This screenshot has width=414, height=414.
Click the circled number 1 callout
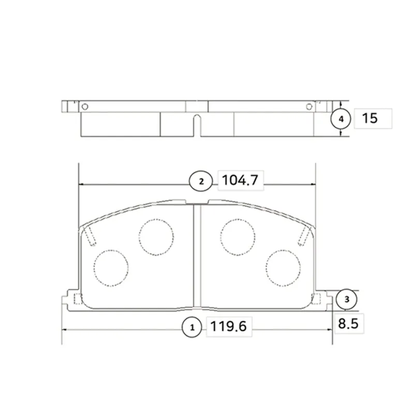pyautogui.click(x=192, y=327)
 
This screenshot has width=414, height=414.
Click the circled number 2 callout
pyautogui.click(x=201, y=181)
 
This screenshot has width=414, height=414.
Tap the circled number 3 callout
pyautogui.click(x=347, y=299)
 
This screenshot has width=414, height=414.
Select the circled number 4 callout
pyautogui.click(x=341, y=119)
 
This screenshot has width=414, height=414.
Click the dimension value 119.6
pyautogui.click(x=229, y=327)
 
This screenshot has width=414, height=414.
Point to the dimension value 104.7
pyautogui.click(x=240, y=180)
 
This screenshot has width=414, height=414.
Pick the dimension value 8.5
pyautogui.click(x=348, y=323)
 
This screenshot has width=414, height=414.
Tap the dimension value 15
pyautogui.click(x=369, y=118)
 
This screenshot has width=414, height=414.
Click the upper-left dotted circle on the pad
pyautogui.click(x=156, y=237)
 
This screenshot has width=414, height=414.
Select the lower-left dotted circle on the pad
pyautogui.click(x=111, y=268)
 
